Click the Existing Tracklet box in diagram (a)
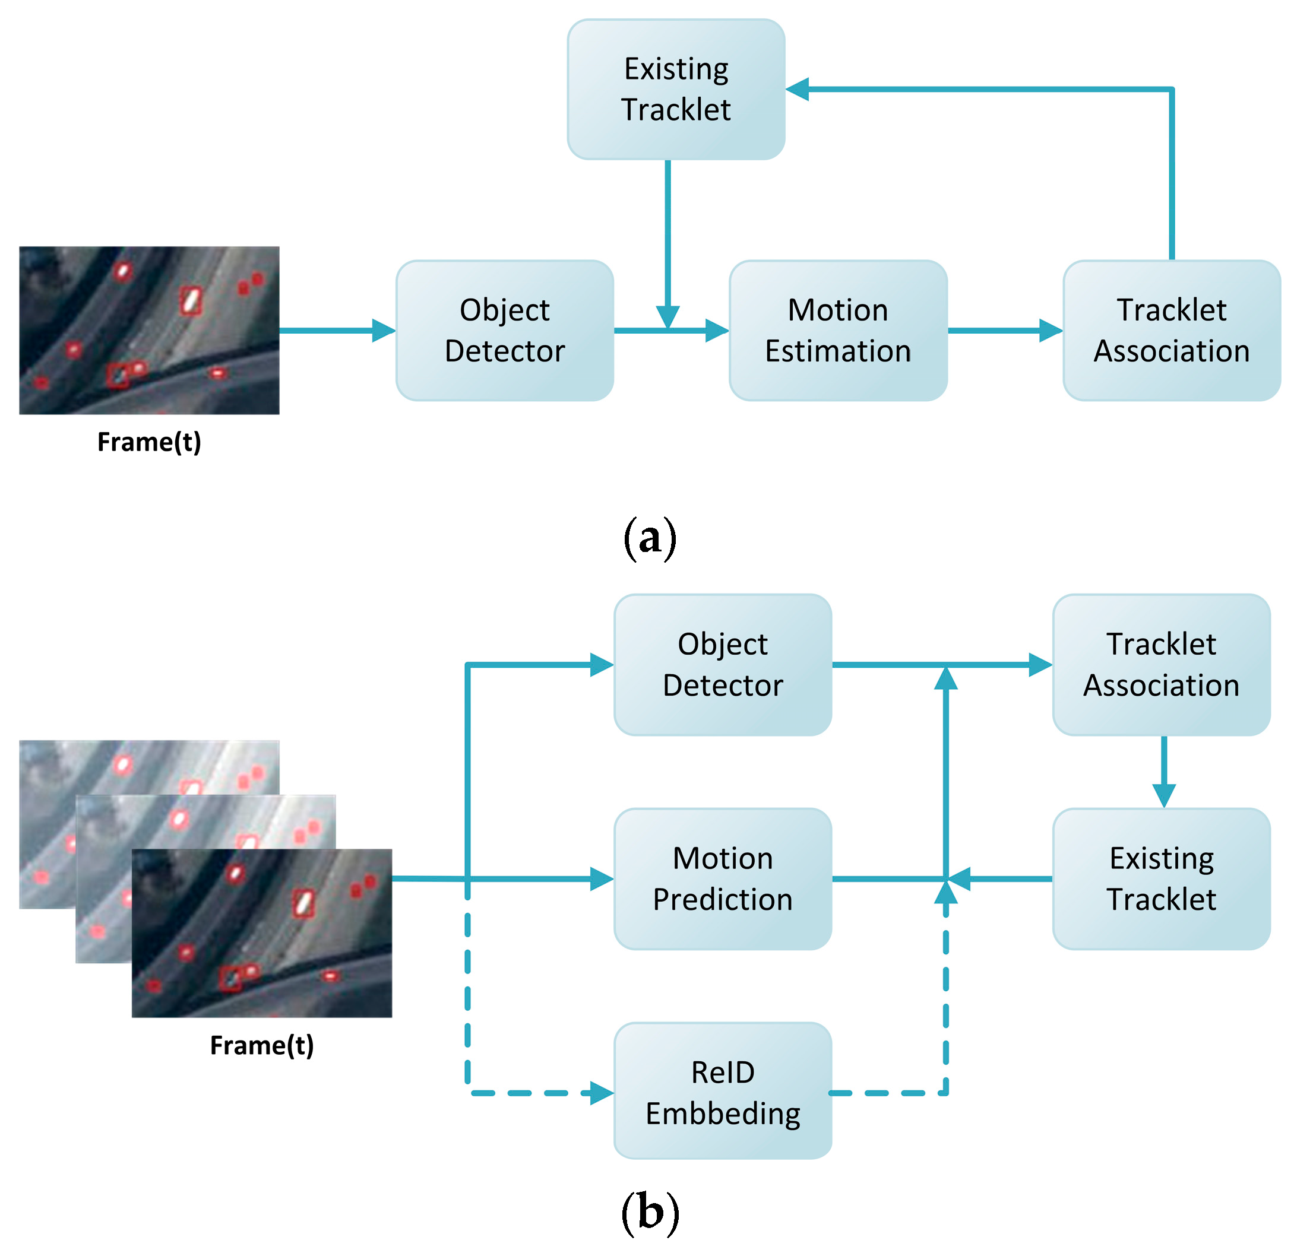tap(675, 89)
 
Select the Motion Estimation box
tap(838, 330)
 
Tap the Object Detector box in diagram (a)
tap(504, 330)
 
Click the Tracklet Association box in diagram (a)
tap(1171, 330)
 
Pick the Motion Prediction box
tap(722, 878)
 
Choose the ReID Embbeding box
tap(722, 1093)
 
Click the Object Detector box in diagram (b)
tap(722, 664)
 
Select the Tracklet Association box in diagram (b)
tap(1160, 664)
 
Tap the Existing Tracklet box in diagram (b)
tap(1160, 878)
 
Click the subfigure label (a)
tap(650, 538)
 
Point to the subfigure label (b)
tap(650, 1213)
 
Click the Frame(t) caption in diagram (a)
tap(148, 442)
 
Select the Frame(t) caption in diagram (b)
tap(261, 1045)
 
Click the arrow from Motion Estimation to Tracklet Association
tap(1004, 330)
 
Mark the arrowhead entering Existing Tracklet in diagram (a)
tap(798, 89)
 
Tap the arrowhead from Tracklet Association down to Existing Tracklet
tap(1163, 795)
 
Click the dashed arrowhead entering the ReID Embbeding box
tap(602, 1093)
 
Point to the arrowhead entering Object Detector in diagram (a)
tap(383, 330)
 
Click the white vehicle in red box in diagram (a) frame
tap(191, 301)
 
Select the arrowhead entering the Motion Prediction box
tap(602, 878)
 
